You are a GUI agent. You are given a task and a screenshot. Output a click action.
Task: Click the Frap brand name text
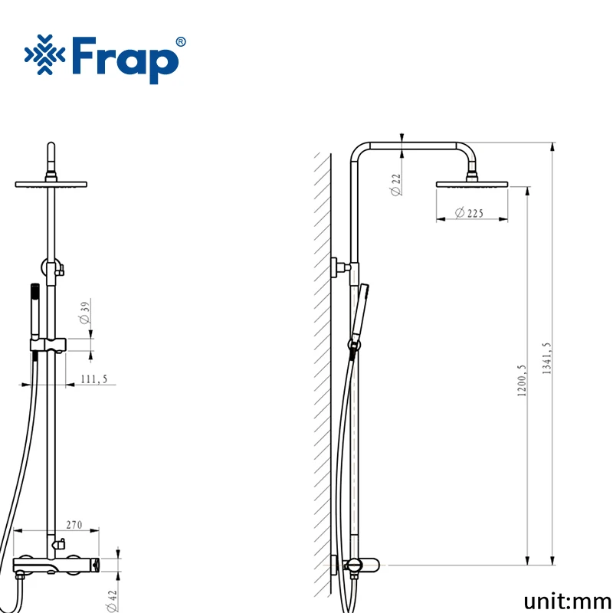[x=125, y=60]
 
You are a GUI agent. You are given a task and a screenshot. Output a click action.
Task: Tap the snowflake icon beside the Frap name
[x=45, y=54]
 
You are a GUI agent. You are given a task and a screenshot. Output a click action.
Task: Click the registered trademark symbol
[x=181, y=42]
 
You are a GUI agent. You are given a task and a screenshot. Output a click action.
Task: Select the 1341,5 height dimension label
[x=546, y=359]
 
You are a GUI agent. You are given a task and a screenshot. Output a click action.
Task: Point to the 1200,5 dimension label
[x=522, y=381]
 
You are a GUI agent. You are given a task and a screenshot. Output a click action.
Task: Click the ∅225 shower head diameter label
[x=469, y=213]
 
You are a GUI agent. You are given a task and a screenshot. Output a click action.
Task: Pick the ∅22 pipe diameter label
[x=395, y=185]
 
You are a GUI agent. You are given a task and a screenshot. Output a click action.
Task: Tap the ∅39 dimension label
[x=85, y=313]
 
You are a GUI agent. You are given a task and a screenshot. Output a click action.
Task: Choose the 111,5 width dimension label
[x=93, y=379]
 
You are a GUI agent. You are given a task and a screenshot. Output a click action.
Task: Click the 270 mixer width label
[x=74, y=525]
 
